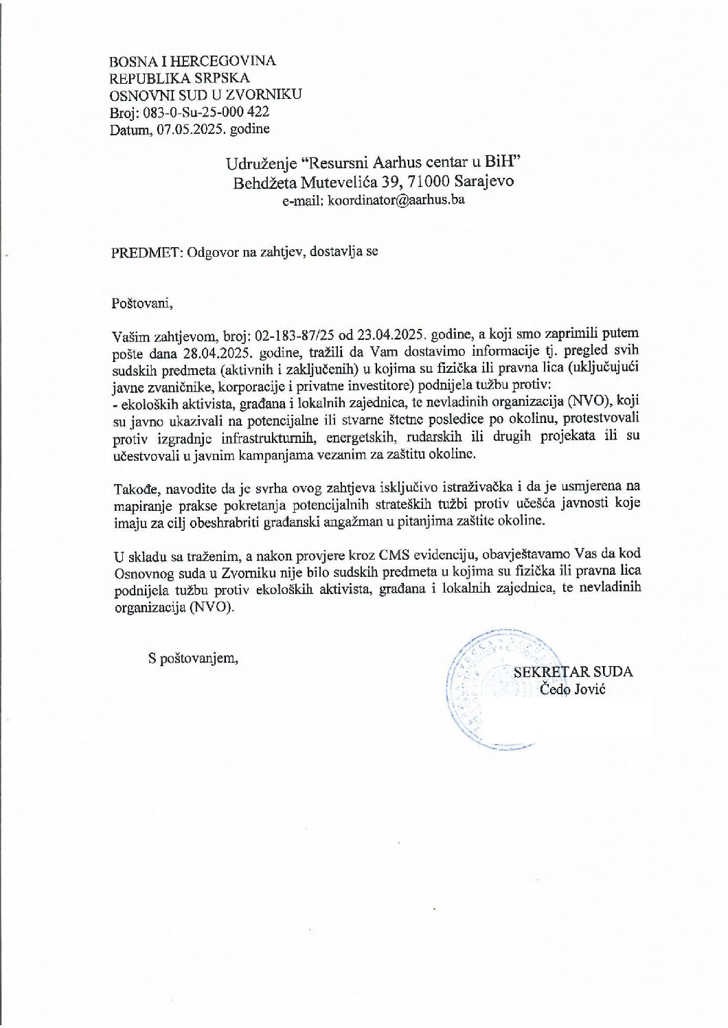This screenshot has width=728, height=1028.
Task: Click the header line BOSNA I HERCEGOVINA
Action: (193, 61)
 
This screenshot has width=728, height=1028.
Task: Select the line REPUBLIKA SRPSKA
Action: (180, 78)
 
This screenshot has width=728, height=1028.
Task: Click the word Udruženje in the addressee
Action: (262, 164)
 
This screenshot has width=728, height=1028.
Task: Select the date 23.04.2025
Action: (390, 336)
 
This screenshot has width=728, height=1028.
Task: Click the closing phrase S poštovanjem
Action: (194, 659)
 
